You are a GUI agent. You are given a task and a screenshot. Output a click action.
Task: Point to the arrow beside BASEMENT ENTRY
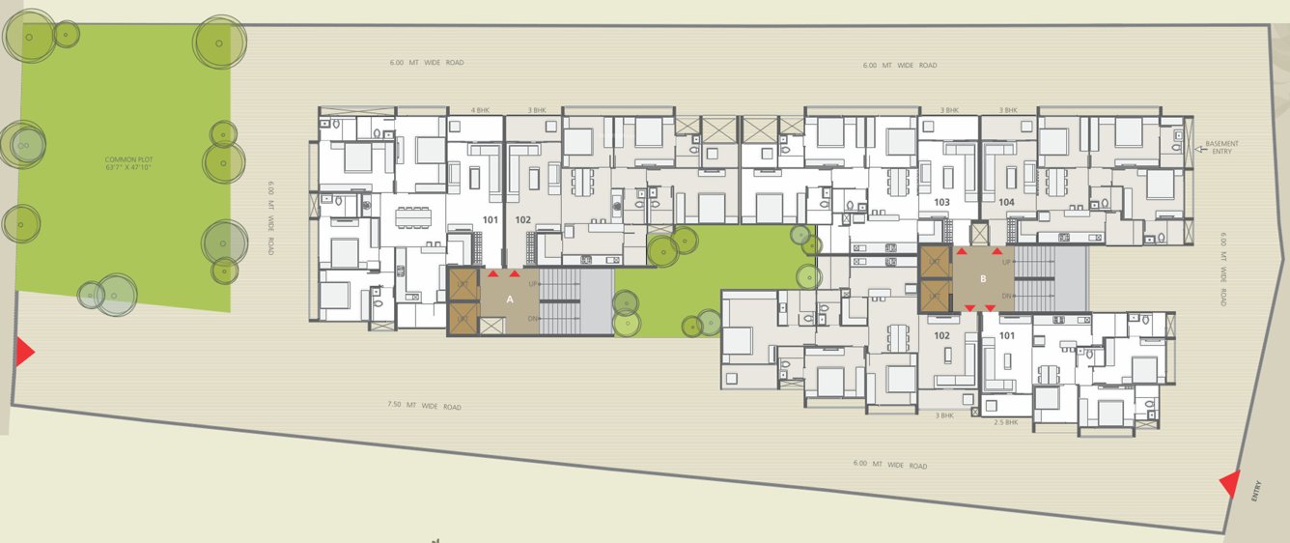click(x=1195, y=148)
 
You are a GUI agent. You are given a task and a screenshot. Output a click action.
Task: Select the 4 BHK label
click(x=480, y=110)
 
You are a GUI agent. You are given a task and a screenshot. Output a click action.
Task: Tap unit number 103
click(x=942, y=202)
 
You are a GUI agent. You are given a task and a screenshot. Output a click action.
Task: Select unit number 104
click(x=1006, y=202)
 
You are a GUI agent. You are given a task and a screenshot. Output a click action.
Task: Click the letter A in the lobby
click(x=509, y=300)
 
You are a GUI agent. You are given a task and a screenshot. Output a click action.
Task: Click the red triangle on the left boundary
click(x=24, y=352)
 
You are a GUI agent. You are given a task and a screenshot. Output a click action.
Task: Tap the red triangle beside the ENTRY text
click(x=1230, y=484)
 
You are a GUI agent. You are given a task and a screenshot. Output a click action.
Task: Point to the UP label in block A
click(x=533, y=283)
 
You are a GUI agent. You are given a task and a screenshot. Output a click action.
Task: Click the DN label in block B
click(x=1007, y=296)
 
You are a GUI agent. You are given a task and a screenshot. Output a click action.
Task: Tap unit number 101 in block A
click(x=491, y=220)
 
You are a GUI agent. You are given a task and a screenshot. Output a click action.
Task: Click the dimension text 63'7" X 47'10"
click(x=129, y=167)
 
